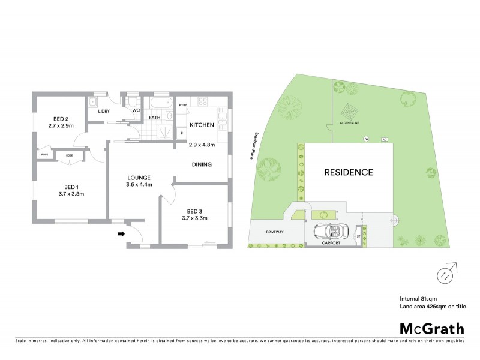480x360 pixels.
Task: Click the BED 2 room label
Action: (60, 119)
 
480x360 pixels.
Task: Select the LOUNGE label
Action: (138, 177)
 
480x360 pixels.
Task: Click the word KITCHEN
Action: (202, 125)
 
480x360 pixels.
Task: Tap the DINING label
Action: (202, 164)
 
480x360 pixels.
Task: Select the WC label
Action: (137, 110)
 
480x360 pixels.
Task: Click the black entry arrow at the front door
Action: (121, 235)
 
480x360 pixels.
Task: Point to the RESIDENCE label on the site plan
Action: (349, 172)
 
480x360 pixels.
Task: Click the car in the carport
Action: (329, 232)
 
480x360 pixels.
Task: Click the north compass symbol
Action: (445, 276)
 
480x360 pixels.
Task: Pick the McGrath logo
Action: (431, 328)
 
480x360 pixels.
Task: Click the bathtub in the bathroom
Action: (159, 101)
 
